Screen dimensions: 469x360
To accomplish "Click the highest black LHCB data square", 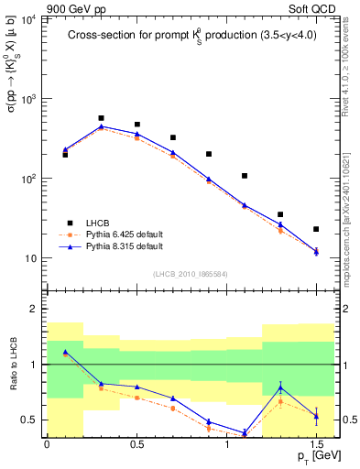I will tap(101, 118).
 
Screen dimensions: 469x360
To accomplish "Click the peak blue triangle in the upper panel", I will tap(101, 126).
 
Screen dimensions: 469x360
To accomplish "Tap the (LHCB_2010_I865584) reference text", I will tap(191, 273).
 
